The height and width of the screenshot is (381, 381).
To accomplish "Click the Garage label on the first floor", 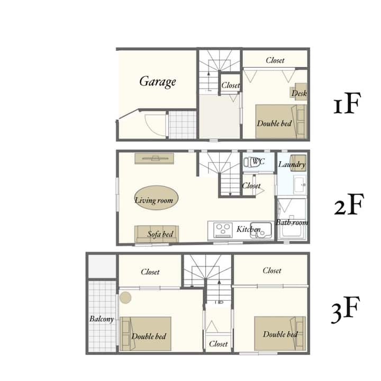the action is tap(158, 81).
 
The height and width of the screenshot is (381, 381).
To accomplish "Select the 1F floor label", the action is tap(346, 103).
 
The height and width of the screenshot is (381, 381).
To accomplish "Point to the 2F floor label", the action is tap(349, 204).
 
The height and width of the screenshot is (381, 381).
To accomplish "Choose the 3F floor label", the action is tap(346, 310).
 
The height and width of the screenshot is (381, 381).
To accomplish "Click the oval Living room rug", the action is tap(156, 198).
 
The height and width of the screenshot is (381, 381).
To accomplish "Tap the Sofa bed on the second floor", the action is tap(157, 234).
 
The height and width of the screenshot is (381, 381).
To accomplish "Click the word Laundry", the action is tap(292, 165).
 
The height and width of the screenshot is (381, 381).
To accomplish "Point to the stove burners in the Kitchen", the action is tap(223, 230).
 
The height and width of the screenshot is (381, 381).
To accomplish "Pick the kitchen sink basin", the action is tap(261, 230).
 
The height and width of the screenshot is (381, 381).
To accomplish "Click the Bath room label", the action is tap(292, 222).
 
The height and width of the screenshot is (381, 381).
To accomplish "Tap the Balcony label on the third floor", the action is tap(102, 319).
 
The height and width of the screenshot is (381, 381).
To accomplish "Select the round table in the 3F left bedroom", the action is tap(125, 297).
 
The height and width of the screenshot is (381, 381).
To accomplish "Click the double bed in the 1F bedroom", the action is tap(281, 122).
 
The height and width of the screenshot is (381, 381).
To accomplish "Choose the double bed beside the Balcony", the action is tap(146, 333).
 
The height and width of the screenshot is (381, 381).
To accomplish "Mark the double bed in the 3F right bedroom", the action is tap(280, 333).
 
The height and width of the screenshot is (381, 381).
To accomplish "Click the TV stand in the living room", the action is tap(155, 158).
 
